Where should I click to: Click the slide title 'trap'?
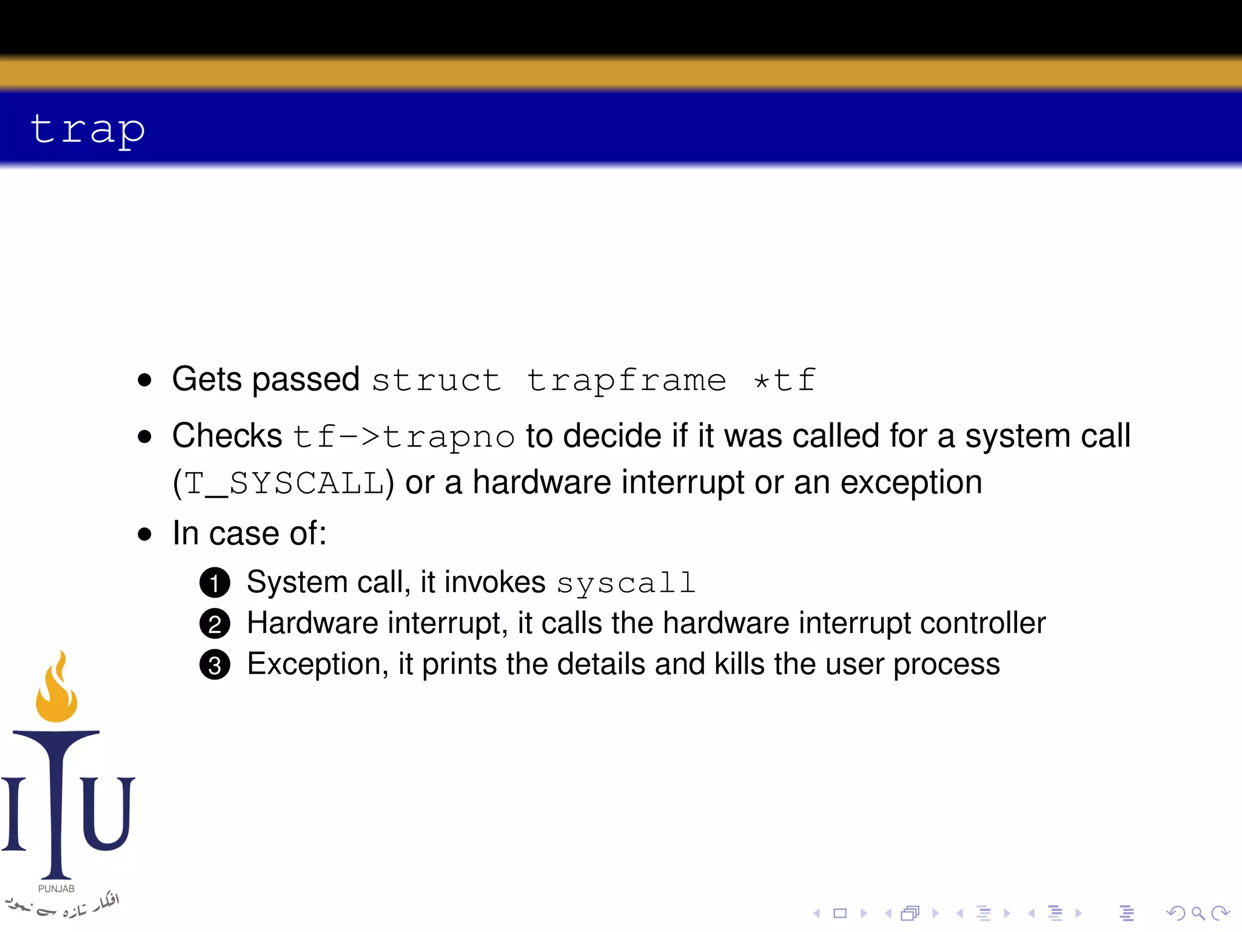click(88, 129)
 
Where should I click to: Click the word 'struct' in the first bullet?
click(436, 380)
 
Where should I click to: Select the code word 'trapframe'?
click(626, 380)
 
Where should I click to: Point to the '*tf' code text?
click(785, 380)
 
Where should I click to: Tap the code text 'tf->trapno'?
click(403, 437)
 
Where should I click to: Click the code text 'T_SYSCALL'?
click(284, 484)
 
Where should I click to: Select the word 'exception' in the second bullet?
click(911, 484)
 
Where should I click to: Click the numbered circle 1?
click(215, 583)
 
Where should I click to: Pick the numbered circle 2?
click(215, 624)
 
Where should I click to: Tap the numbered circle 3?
click(215, 665)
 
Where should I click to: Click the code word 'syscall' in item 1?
click(626, 584)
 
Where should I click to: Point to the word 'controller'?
click(982, 623)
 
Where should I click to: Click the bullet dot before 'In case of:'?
click(144, 535)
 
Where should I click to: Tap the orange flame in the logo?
click(57, 692)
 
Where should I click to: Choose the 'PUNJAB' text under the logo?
click(56, 889)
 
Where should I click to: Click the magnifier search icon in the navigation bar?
click(1198, 913)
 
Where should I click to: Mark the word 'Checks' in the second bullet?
click(227, 436)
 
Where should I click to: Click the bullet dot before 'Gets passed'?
click(144, 380)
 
